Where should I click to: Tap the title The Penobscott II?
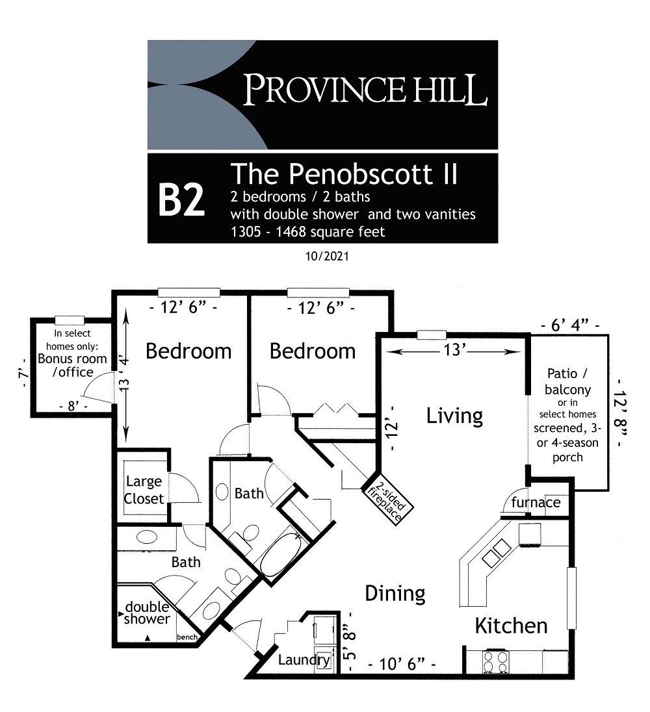pyautogui.click(x=344, y=173)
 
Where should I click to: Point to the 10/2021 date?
pyautogui.click(x=326, y=257)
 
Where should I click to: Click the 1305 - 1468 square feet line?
pyautogui.click(x=308, y=231)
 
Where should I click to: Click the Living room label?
pyautogui.click(x=454, y=416)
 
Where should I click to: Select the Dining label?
pyautogui.click(x=395, y=593)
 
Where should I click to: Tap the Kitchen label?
pyautogui.click(x=511, y=626)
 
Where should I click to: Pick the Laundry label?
pyautogui.click(x=304, y=661)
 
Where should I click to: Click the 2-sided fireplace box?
pyautogui.click(x=389, y=498)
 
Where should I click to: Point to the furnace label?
pyautogui.click(x=536, y=502)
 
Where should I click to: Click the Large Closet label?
pyautogui.click(x=144, y=490)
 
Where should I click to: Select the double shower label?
pyautogui.click(x=147, y=613)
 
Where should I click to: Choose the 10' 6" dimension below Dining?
pyautogui.click(x=401, y=665)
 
